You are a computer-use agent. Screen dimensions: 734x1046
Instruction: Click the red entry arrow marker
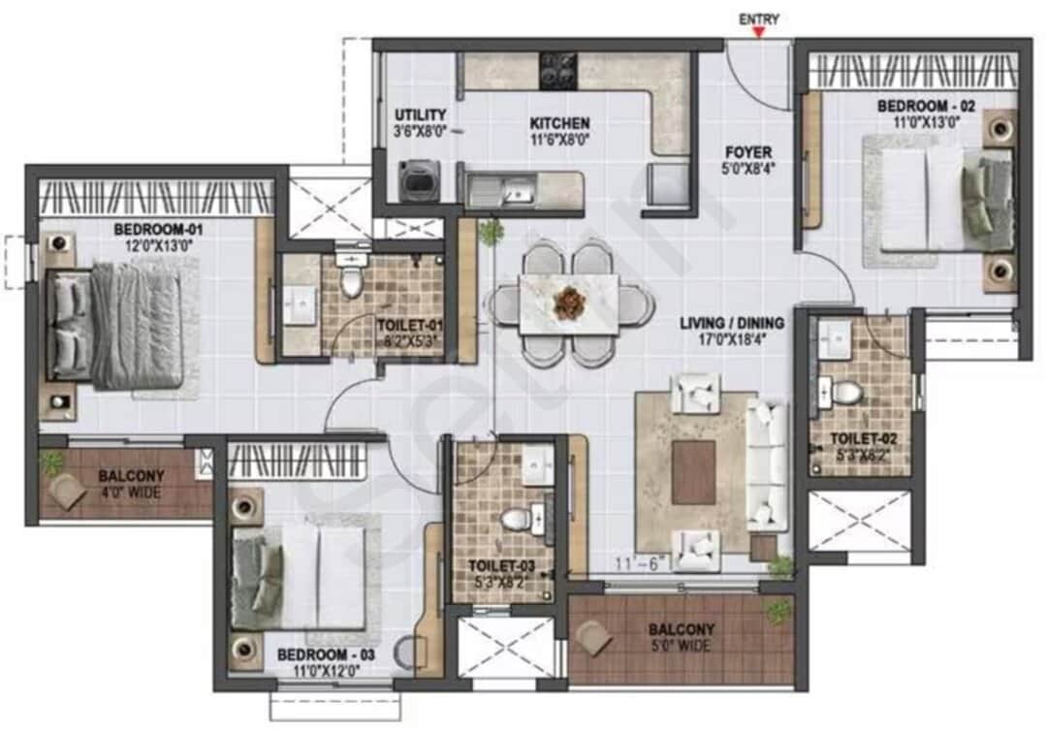pos(759,33)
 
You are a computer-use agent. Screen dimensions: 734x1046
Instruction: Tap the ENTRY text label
pos(759,18)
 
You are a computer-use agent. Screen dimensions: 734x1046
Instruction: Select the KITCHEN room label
pos(559,124)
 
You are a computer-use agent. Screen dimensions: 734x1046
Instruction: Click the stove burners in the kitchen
pos(559,70)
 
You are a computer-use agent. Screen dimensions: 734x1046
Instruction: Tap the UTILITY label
pos(420,115)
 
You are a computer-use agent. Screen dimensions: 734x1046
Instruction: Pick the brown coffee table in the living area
pos(693,472)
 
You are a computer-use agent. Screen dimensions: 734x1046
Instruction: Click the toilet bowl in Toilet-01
pos(350,281)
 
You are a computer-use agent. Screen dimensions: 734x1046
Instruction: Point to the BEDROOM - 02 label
pos(912,106)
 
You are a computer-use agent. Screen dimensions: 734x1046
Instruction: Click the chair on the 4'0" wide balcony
pos(68,491)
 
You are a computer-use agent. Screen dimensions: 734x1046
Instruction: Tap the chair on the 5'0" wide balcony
pos(593,637)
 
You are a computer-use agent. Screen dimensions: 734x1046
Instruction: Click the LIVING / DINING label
pos(732,323)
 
